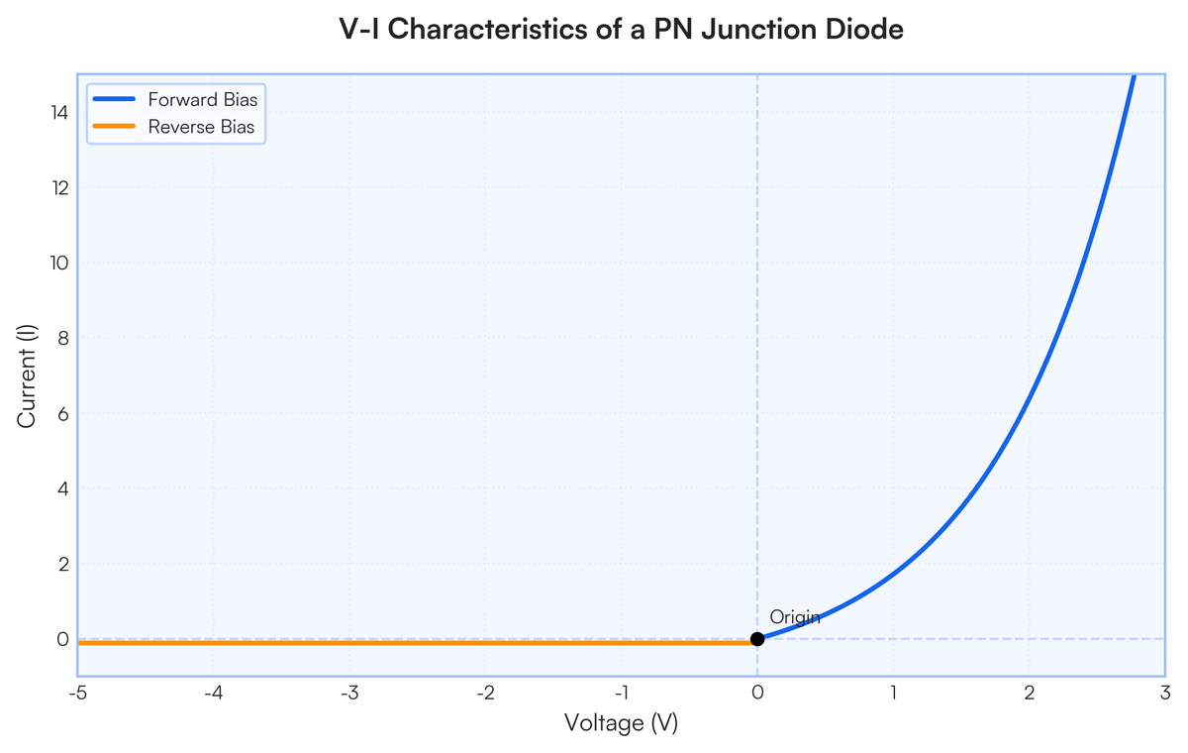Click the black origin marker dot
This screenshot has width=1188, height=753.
(x=757, y=639)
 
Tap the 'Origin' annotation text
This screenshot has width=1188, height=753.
(x=795, y=617)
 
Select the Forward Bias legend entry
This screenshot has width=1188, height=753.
(x=202, y=99)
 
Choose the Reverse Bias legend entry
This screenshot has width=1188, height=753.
(x=201, y=127)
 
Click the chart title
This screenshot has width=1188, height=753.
(x=621, y=30)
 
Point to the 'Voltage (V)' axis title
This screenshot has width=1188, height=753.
(x=621, y=723)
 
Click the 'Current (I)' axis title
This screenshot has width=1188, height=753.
(x=27, y=376)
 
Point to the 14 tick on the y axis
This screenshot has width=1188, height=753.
(x=60, y=113)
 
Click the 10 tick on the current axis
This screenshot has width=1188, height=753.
(x=60, y=263)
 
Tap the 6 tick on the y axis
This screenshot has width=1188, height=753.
(x=62, y=413)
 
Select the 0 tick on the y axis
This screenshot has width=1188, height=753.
(x=62, y=639)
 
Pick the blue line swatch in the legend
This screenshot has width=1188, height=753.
(x=115, y=99)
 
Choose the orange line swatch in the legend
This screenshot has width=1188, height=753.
(x=115, y=127)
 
